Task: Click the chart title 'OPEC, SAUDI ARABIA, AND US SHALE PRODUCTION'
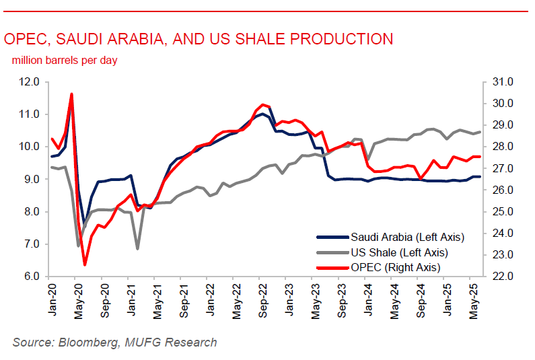click(x=199, y=39)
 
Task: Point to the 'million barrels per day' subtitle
click(x=65, y=61)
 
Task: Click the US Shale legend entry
click(x=399, y=252)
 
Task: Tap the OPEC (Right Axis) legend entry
click(x=395, y=267)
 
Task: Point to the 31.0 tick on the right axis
click(x=502, y=82)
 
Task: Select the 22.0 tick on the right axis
click(x=502, y=277)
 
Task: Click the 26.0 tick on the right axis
click(x=502, y=190)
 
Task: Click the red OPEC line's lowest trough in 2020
click(x=85, y=264)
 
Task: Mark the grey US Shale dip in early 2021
click(x=138, y=249)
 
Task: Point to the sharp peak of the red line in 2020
click(x=71, y=94)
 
